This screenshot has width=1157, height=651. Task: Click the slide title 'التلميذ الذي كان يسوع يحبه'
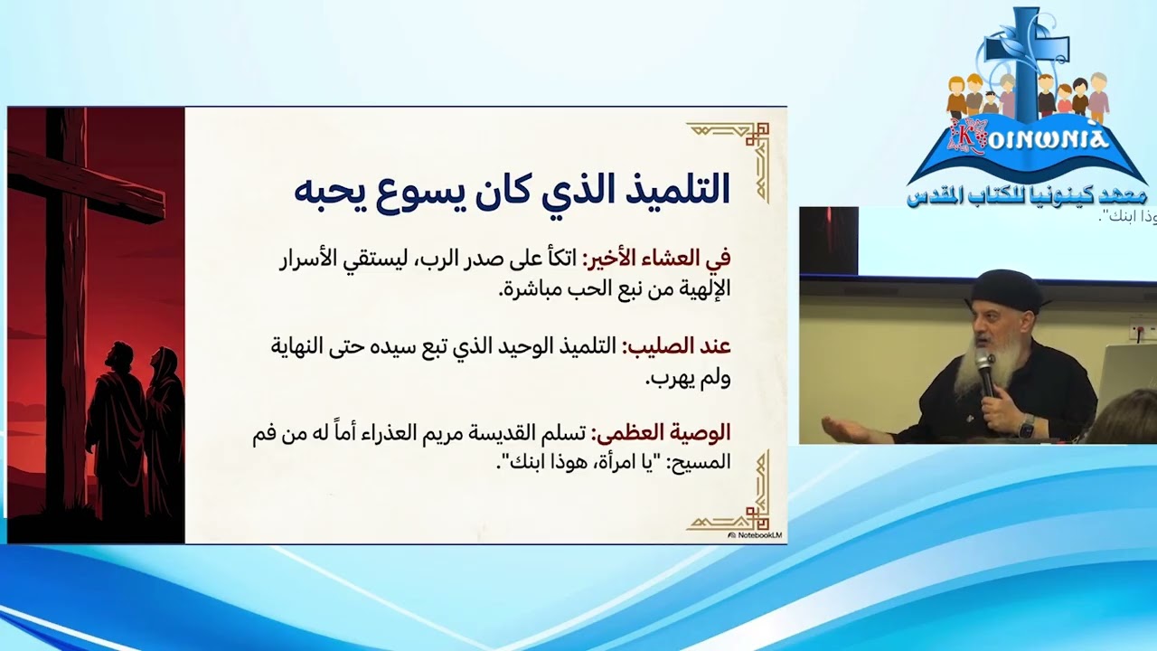click(x=512, y=188)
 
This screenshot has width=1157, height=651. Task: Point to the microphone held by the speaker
click(x=984, y=370)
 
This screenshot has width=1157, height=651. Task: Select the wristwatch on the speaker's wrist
click(x=1026, y=425)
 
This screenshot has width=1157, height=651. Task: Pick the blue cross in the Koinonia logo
click(x=1026, y=54)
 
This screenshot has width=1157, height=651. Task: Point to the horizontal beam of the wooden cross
click(x=86, y=185)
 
